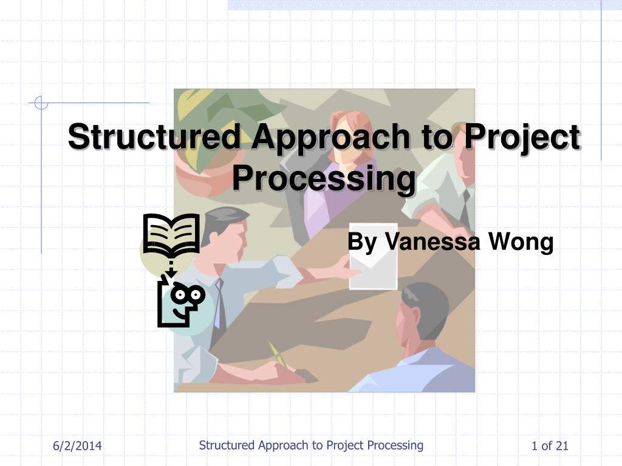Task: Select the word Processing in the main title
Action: tap(324, 179)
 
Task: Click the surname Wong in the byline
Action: tap(521, 241)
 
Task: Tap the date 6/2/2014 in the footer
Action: tap(77, 446)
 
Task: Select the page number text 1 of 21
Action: tap(550, 446)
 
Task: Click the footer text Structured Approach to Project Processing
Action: tap(311, 445)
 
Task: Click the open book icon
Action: tap(171, 234)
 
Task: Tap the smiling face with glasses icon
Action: tap(182, 303)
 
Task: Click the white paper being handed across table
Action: tap(374, 256)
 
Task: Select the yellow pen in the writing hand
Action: tap(277, 354)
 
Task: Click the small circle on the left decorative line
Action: tap(41, 103)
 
